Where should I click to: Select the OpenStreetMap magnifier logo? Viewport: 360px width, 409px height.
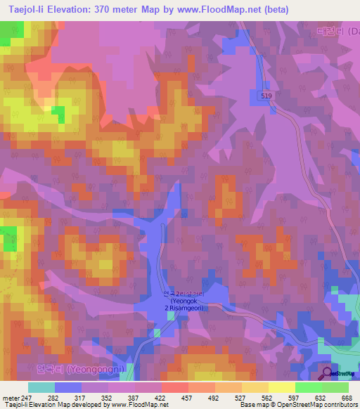click(x=327, y=373)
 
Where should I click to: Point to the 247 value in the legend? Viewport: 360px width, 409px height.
click(x=27, y=398)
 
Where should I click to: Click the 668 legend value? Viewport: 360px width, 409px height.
click(x=347, y=398)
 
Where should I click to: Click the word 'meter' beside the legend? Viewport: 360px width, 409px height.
click(x=10, y=398)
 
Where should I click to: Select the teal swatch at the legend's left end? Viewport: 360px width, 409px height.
click(x=41, y=387)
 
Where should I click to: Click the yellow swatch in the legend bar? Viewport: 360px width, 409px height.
click(x=281, y=387)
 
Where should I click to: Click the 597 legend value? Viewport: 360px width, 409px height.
click(x=295, y=398)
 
